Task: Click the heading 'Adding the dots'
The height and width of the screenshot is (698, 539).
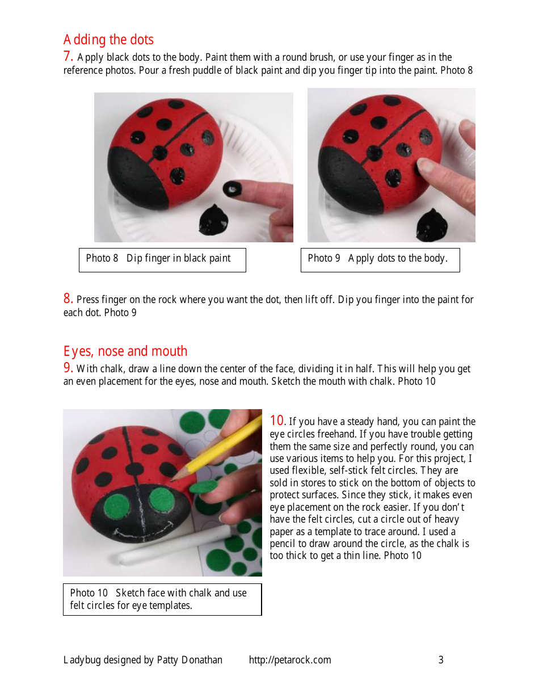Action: coord(108,40)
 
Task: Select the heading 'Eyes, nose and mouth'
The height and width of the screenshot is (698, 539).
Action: coord(125,351)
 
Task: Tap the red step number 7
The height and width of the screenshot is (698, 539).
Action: coord(68,56)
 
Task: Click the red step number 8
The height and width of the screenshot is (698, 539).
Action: coord(68,298)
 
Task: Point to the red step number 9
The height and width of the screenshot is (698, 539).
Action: coord(68,368)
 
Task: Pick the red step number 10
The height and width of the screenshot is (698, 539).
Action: coord(277,421)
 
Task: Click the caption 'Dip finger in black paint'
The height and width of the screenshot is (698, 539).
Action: coord(178,259)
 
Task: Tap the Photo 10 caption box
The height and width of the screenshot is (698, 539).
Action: coord(162,599)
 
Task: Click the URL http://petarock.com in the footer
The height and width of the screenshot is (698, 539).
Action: coord(290,659)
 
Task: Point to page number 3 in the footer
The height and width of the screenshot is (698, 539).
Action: coord(441,659)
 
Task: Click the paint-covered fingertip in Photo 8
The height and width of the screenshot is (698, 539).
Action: coord(233,188)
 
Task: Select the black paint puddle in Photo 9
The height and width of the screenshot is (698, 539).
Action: coord(432,224)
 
